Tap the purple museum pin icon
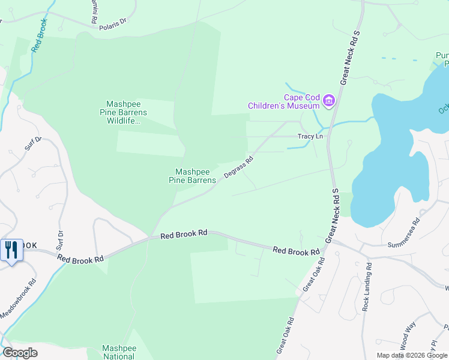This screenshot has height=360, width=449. point(328,101)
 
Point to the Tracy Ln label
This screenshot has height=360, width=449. point(310,137)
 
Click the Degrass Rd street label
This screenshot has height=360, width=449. point(239,167)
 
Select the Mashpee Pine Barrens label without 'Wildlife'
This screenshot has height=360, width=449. point(191,175)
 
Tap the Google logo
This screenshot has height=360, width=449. point(20,353)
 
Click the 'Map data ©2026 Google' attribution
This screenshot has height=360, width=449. point(411,355)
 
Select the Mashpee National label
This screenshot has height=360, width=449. point(118,352)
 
